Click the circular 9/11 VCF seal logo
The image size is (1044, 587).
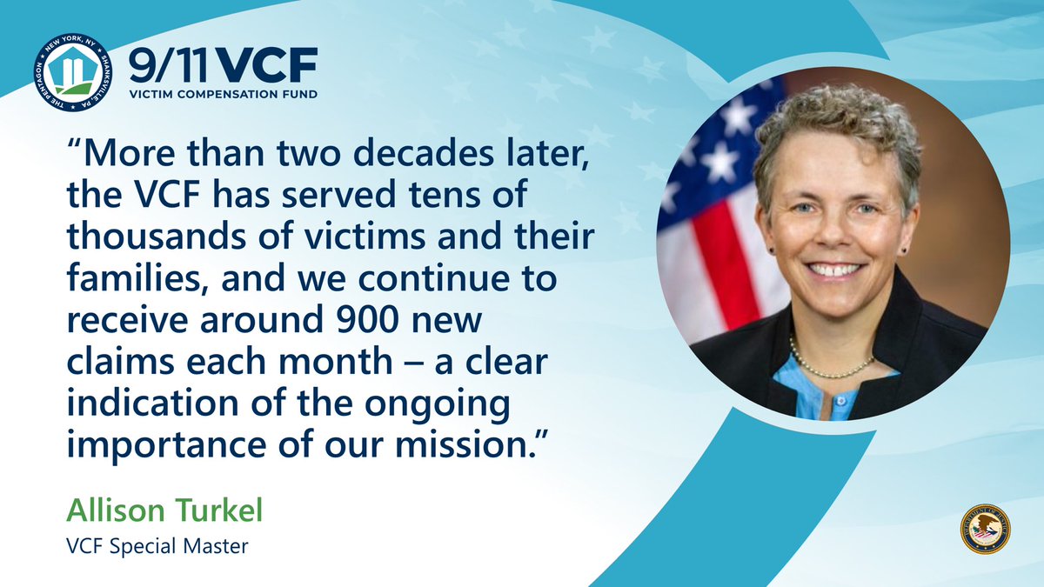click(74, 74)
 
